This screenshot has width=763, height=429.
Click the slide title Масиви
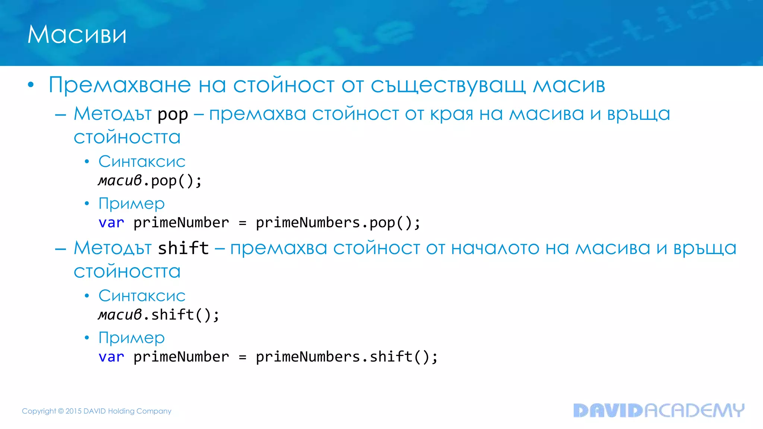coord(77,35)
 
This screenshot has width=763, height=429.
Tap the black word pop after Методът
coord(172,115)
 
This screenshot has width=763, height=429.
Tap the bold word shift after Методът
coord(183,248)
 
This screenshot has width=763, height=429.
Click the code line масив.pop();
coord(150,181)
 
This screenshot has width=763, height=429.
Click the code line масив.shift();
coord(159,315)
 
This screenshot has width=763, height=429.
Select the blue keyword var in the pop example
coord(111,223)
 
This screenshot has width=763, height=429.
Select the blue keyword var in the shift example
coord(111,357)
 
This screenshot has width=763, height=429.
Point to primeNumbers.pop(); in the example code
coord(338,223)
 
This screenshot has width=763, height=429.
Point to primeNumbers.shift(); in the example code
coord(346,357)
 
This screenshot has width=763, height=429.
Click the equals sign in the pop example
coord(243,223)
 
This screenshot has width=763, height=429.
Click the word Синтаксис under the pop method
coord(142,162)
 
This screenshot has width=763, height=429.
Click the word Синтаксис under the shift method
coord(142,296)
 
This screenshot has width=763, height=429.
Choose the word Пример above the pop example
coord(132,204)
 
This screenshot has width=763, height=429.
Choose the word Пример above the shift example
coord(132,338)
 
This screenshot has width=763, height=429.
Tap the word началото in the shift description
coord(495,248)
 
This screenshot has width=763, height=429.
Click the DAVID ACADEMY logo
coord(659,410)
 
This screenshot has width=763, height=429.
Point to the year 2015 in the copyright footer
coord(73,411)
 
